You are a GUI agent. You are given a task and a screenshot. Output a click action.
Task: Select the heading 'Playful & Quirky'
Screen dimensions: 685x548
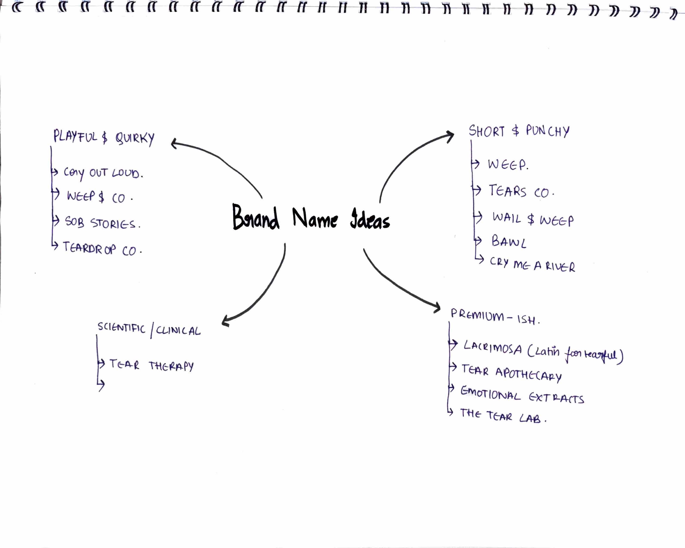click(104, 137)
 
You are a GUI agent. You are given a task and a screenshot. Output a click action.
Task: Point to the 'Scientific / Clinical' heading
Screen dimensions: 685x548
click(149, 330)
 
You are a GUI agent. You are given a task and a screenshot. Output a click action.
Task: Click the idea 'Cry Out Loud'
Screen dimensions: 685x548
click(103, 173)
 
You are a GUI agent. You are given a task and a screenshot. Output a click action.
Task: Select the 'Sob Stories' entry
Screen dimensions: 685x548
click(102, 222)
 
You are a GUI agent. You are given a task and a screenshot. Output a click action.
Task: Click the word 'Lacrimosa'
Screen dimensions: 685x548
click(492, 348)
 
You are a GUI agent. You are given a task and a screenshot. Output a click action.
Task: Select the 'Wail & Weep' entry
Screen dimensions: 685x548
click(533, 219)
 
